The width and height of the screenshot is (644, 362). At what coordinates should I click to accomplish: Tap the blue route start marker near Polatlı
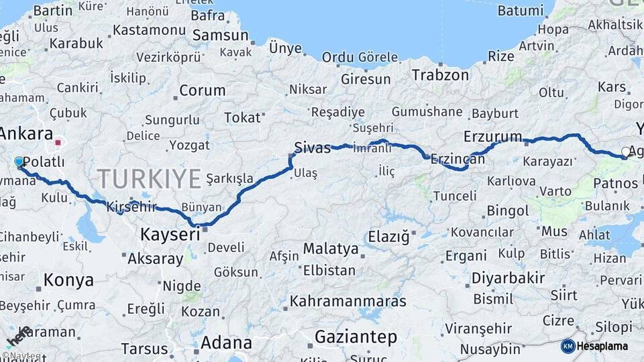(19, 162)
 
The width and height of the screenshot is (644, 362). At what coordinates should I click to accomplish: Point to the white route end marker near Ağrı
(625, 152)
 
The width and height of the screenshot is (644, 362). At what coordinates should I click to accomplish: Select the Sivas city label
(313, 147)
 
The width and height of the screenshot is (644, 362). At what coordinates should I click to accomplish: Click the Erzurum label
(492, 137)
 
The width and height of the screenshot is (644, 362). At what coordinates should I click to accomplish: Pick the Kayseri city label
(170, 235)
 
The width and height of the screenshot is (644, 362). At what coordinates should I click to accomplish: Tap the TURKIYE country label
(149, 179)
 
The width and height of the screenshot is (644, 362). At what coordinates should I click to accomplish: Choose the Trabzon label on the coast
(440, 74)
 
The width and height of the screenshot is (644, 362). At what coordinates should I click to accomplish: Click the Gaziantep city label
(356, 337)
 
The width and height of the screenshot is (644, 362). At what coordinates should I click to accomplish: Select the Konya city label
(68, 280)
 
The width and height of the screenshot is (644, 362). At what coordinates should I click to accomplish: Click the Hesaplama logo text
(604, 346)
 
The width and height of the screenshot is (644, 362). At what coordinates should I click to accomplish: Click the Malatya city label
(331, 249)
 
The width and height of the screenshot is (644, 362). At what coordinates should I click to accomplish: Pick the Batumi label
(521, 11)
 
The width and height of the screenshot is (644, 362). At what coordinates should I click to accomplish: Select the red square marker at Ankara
(58, 142)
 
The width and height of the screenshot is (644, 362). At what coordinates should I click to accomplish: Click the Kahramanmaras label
(348, 302)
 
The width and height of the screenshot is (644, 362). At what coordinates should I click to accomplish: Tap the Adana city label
(226, 343)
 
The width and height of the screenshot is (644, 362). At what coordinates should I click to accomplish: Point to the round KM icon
(568, 346)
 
